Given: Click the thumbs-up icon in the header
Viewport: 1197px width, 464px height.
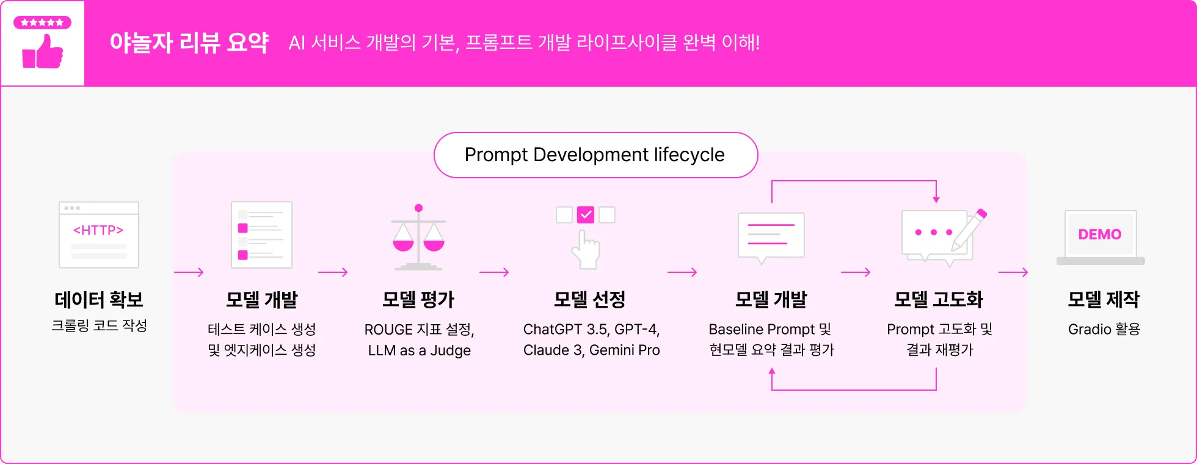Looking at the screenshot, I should point(43,52).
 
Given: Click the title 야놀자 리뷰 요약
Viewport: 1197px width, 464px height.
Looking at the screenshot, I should point(189,43).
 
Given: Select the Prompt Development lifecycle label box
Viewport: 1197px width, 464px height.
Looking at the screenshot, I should point(595,155).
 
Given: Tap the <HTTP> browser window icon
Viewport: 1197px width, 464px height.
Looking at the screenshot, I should point(99,234).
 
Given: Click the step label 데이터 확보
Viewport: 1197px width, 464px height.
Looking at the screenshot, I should point(99,300).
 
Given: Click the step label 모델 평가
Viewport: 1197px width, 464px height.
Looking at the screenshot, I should point(418,300).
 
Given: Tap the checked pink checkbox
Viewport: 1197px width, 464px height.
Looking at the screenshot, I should point(586,215).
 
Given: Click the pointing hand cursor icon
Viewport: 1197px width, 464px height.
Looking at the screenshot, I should point(586,250).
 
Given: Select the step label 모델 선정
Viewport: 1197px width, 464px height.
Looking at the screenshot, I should point(589,300).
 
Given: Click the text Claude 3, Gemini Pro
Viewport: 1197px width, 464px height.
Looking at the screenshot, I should point(591,350).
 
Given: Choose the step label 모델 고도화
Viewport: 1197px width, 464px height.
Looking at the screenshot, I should point(939,300).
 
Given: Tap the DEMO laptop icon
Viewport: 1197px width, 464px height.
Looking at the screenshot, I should point(1101,237).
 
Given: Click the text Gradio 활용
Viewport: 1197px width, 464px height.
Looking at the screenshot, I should point(1104,330).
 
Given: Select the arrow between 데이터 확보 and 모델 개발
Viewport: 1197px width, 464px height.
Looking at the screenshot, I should point(189,272).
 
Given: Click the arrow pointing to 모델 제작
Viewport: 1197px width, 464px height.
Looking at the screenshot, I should point(1013,272).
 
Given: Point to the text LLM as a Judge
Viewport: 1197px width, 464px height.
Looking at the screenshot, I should point(420,350).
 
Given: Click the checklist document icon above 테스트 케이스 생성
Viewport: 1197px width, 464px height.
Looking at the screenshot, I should point(261,235).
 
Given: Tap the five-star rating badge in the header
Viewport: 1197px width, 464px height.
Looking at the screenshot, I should point(42,23).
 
